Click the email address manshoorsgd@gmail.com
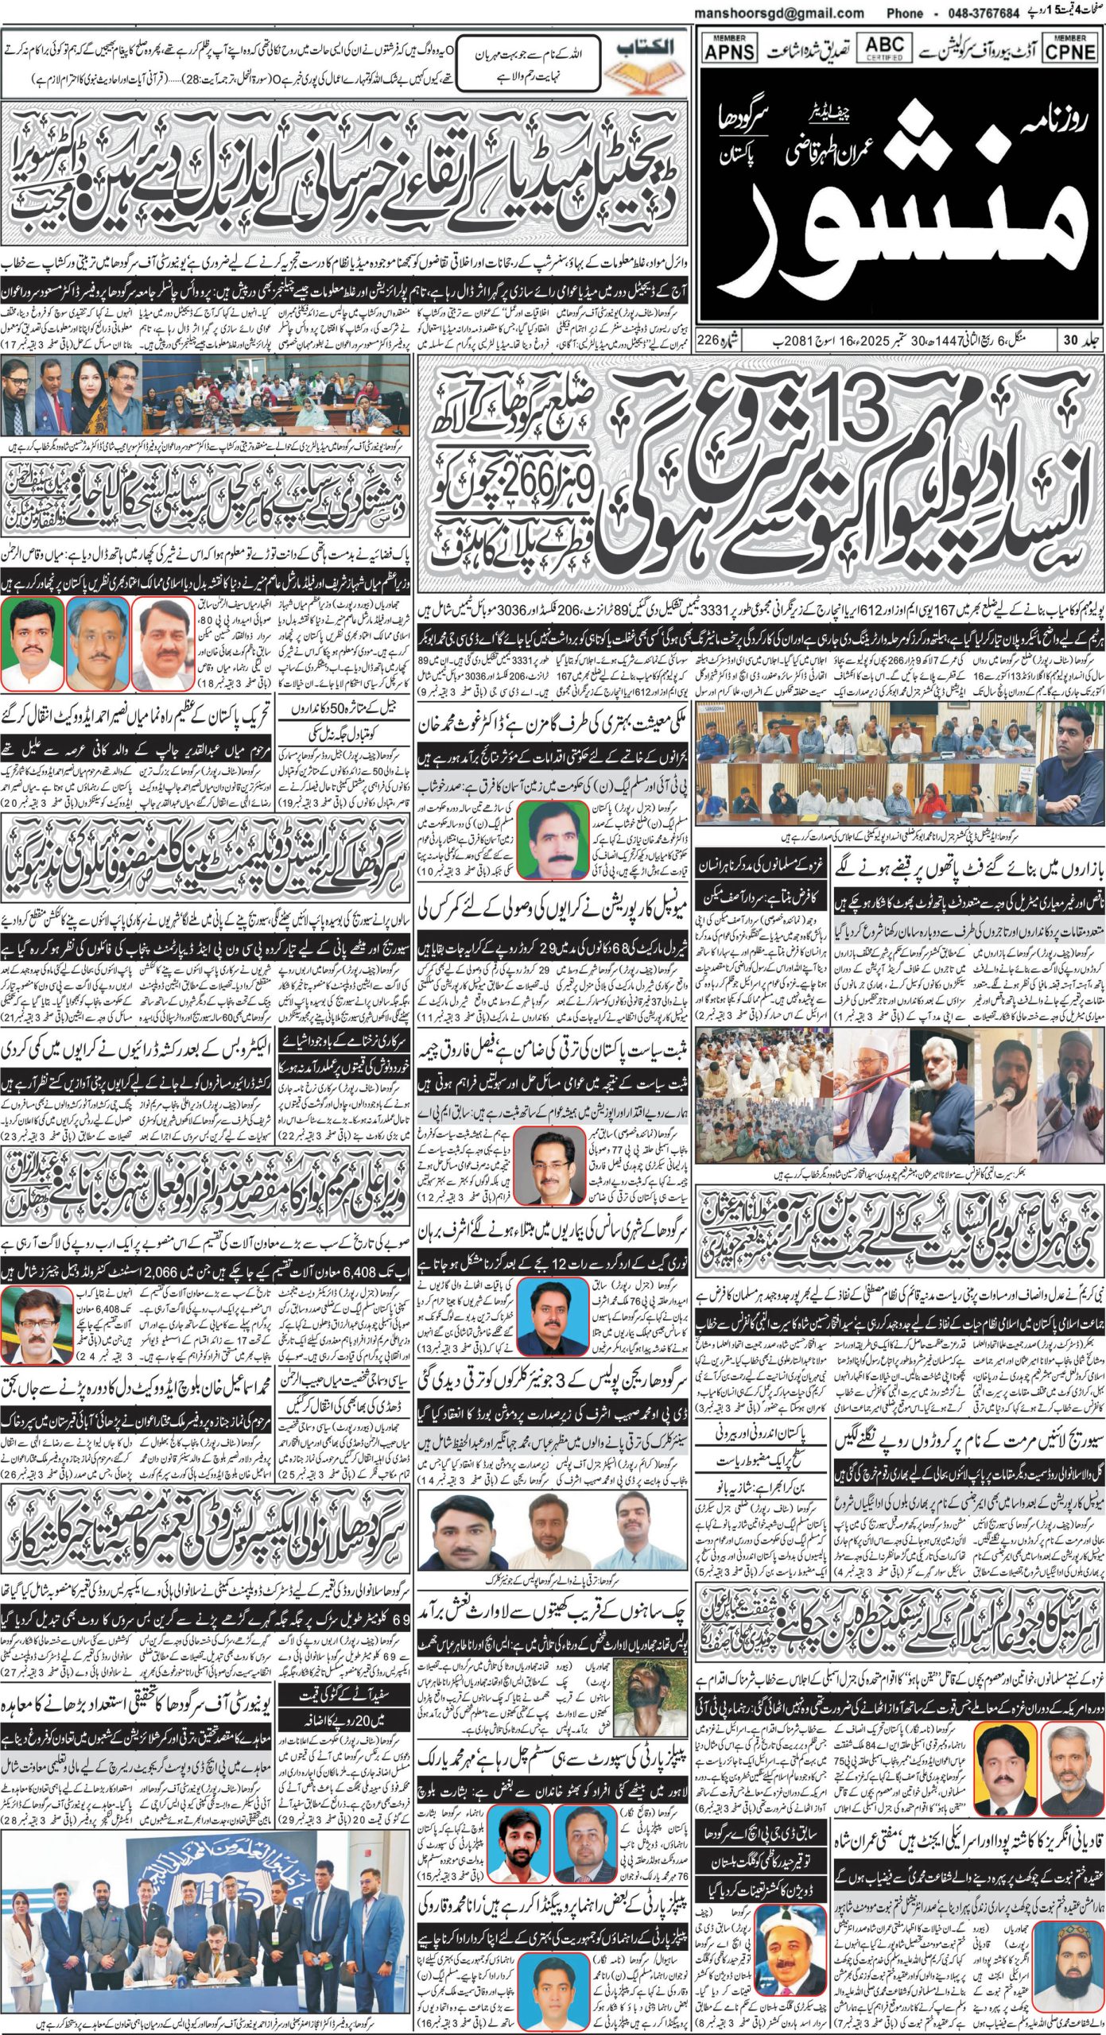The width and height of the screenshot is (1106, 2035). coord(779,14)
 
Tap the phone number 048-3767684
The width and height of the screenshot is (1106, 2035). coord(975,14)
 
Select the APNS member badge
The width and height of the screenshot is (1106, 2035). coord(730,49)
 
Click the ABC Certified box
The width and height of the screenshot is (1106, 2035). coord(884,47)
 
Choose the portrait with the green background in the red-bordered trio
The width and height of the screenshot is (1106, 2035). coord(32,645)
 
